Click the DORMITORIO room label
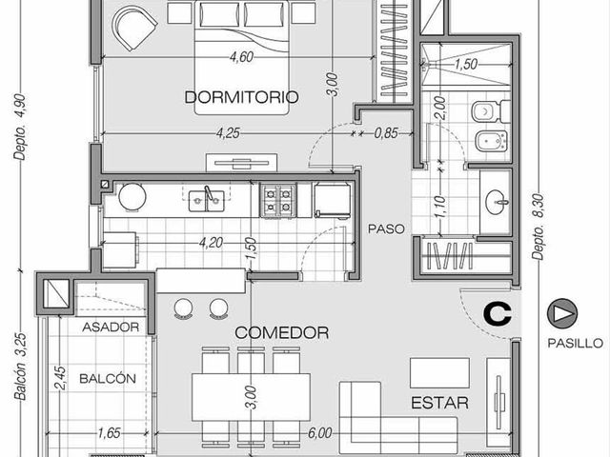[241, 97]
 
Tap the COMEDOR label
[282, 332]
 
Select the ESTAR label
[439, 403]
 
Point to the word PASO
[386, 228]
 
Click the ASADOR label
[111, 328]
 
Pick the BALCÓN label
[108, 379]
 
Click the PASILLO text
[576, 343]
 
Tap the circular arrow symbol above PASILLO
[562, 313]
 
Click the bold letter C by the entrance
[498, 314]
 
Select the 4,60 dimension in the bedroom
[241, 57]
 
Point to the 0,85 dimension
[386, 133]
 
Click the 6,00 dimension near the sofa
[320, 432]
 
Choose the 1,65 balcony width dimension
[109, 432]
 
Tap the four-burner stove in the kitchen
[278, 201]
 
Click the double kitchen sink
[206, 201]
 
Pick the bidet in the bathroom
[492, 141]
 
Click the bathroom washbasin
[497, 202]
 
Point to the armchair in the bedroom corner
[134, 28]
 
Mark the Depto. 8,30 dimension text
[539, 227]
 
